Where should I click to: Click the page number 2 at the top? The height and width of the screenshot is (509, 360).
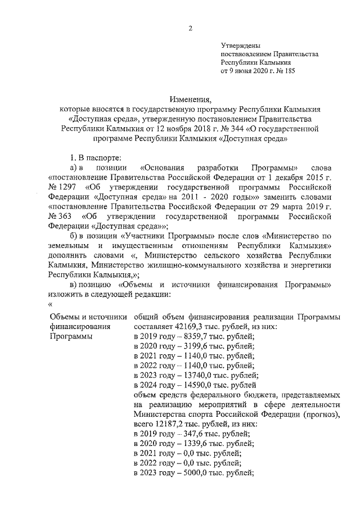191,28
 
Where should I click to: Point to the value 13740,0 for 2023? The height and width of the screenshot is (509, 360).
188,375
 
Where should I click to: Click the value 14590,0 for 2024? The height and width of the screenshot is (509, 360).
188,385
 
